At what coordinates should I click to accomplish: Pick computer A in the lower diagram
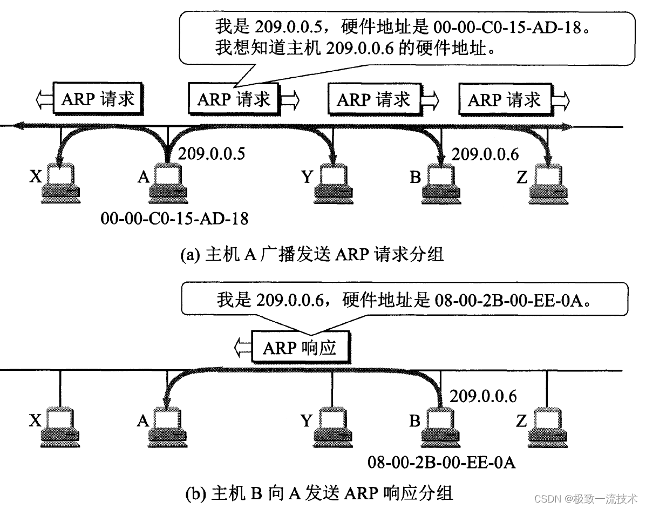[168, 426]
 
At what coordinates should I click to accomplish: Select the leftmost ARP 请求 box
[98, 99]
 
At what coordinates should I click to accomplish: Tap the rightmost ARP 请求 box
[504, 99]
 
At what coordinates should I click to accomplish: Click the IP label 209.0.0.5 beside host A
[212, 154]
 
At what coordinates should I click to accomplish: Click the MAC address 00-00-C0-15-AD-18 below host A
[174, 218]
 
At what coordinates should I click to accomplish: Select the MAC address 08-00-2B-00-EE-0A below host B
[441, 462]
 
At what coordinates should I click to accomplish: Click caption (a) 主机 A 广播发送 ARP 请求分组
[311, 254]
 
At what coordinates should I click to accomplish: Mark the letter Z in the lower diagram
[521, 421]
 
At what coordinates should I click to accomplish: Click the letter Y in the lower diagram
[307, 421]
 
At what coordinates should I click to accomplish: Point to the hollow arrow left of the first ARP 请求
[43, 99]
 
